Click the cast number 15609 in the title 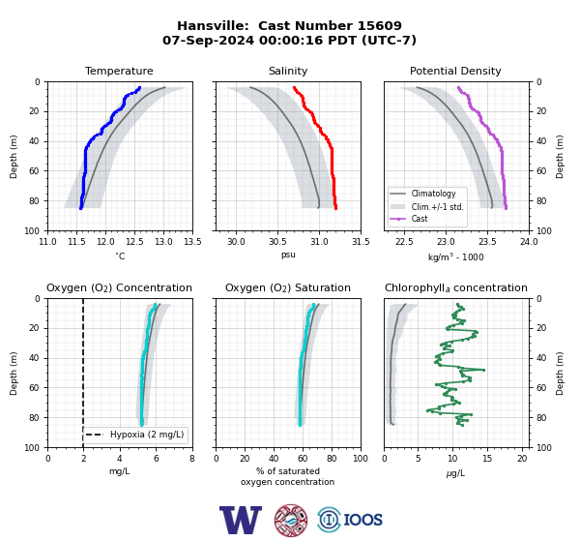[x=380, y=25]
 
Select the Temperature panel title [x=119, y=71]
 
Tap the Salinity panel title [x=288, y=71]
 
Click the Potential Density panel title [x=455, y=71]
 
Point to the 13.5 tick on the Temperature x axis [x=192, y=242]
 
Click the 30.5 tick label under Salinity [x=277, y=242]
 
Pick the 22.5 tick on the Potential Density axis [x=404, y=242]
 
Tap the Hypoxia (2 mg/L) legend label [x=147, y=435]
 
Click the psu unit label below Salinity [x=288, y=256]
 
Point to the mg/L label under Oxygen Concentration [x=119, y=471]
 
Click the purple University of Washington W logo [x=241, y=520]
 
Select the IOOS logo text [x=362, y=520]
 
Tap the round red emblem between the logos [x=291, y=520]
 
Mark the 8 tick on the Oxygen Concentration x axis [x=192, y=459]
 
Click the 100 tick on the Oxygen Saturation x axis [x=361, y=459]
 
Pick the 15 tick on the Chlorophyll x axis [x=487, y=459]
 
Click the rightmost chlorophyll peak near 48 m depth [x=483, y=370]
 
